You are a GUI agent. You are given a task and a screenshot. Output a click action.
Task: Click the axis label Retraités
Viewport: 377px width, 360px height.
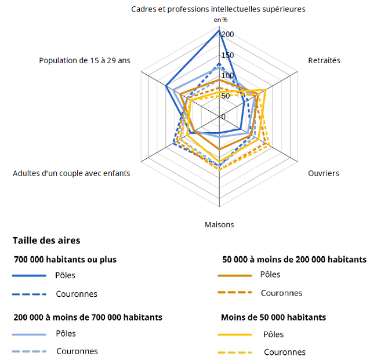pos(324,60)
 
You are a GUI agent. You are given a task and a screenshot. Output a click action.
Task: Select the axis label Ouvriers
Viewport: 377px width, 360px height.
pos(324,173)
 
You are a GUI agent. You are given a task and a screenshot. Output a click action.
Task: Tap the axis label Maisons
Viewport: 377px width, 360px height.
pos(219,224)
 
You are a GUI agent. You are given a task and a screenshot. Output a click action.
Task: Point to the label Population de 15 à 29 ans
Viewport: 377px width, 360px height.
pos(85,60)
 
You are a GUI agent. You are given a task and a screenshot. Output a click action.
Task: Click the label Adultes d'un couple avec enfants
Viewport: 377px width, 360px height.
pos(71,173)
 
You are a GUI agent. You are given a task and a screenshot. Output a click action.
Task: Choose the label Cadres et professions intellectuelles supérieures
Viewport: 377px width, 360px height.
pos(218,9)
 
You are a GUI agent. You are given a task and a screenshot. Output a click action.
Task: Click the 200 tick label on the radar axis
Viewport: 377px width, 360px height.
pos(227,34)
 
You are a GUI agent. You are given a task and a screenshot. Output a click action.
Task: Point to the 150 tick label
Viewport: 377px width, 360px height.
pos(227,55)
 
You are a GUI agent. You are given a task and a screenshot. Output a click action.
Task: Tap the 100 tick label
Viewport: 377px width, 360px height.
pos(227,75)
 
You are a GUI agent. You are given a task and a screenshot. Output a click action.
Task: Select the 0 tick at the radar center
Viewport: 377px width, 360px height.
pos(223,117)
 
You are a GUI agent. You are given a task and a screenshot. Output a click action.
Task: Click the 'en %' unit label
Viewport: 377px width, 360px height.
pos(220,20)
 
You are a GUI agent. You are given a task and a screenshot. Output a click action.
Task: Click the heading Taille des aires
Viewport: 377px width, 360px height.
pos(46,240)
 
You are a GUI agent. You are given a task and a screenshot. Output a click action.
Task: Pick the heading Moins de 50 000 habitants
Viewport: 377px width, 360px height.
pos(273,317)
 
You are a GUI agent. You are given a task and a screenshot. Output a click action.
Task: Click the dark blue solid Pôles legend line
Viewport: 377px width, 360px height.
pos(28,275)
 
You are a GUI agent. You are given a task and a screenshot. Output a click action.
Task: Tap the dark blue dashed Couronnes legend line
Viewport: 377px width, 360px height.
pos(28,294)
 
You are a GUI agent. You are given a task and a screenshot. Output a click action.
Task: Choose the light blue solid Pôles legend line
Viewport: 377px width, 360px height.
pos(28,334)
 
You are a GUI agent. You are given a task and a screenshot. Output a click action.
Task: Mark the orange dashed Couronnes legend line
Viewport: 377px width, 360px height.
pos(235,293)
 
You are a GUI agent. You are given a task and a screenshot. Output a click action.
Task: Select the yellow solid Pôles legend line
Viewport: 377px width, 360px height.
pos(235,334)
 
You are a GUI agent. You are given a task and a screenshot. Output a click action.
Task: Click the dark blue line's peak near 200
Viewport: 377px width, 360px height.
pos(220,30)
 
